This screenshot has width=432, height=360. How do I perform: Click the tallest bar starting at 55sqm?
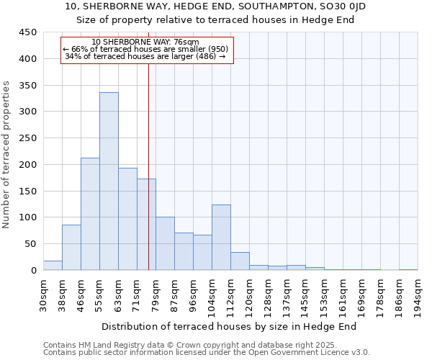coord(109,181)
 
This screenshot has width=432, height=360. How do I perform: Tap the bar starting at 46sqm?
coord(90,214)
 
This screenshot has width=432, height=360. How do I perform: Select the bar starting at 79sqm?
coord(165,243)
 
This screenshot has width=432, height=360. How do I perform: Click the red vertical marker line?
coord(148,180)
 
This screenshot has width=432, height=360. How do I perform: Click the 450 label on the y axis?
coord(27,32)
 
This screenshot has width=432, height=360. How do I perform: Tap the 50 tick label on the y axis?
coord(30,244)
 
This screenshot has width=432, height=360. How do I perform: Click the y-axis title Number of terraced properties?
coord(6,155)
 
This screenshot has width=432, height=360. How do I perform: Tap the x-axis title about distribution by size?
coord(234,326)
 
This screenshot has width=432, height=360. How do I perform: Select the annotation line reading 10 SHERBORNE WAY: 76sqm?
coord(145,42)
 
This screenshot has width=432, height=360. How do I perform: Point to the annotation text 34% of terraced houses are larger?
coord(145,56)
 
